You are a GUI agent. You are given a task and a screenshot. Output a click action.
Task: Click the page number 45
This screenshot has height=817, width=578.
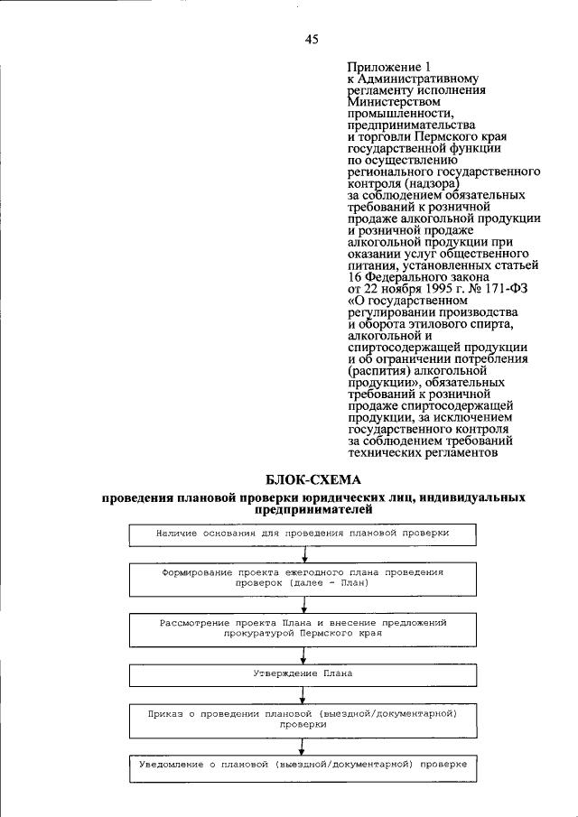click(312, 39)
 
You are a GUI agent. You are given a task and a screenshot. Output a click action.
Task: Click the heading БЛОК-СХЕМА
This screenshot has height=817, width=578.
click(312, 479)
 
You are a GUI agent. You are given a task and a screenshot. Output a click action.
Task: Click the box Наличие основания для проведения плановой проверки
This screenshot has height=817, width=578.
click(302, 534)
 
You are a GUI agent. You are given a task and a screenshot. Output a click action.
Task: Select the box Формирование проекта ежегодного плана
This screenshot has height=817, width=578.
click(302, 578)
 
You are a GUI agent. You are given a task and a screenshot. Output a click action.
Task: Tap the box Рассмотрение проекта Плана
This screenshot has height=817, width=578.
click(302, 628)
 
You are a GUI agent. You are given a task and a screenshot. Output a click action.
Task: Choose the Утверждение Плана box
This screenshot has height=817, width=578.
click(302, 673)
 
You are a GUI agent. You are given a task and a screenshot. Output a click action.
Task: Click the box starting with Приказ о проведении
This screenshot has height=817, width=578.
click(302, 719)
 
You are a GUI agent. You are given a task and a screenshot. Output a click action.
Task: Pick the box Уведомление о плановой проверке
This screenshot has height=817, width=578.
click(302, 765)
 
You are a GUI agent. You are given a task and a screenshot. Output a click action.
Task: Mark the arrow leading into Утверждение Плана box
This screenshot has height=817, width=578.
click(302, 656)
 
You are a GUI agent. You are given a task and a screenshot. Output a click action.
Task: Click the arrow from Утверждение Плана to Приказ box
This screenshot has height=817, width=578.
click(302, 695)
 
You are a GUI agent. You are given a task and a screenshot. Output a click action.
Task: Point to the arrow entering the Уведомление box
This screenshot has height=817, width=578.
click(302, 746)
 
